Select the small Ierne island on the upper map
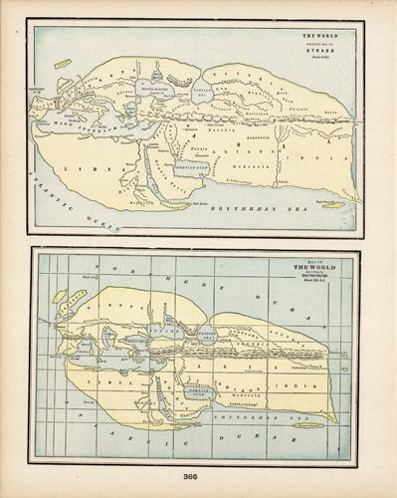[63, 65]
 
